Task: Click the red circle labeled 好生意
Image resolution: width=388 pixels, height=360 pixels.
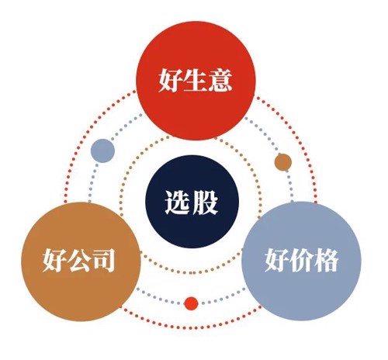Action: pos(196,81)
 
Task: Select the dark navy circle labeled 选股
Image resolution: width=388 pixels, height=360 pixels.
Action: pos(192,202)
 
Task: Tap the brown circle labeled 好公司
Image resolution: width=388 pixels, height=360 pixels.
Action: pos(81,261)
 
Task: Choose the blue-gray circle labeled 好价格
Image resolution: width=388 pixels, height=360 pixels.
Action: pos(301,261)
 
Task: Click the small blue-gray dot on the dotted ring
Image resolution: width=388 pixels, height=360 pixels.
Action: pos(102,151)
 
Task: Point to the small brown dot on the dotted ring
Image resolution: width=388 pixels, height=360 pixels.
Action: pos(283,162)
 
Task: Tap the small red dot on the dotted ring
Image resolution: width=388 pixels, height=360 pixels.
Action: pos(191,303)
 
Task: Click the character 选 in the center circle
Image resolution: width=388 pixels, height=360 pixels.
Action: pos(177,202)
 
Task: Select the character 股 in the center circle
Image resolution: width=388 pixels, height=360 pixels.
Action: pos(205,202)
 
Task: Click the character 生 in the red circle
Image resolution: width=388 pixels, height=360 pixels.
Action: pos(196,80)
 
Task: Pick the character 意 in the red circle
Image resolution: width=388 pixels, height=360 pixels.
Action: pos(220,80)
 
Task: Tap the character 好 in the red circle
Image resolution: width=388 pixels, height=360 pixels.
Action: pos(171,80)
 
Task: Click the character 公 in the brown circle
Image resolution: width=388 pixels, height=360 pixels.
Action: pos(79,260)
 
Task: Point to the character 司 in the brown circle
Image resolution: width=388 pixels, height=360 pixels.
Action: pos(103,260)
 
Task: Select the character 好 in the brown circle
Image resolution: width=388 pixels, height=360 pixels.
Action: pos(54,260)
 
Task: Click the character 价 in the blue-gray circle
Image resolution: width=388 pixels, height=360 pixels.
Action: pos(301,260)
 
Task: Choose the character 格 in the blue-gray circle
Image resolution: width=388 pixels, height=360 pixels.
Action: pos(326,260)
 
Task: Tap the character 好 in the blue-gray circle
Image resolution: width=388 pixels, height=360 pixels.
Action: pos(277,260)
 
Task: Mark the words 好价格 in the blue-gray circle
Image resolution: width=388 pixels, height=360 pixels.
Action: pos(301,260)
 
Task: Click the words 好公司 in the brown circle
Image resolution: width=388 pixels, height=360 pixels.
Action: pos(78,260)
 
